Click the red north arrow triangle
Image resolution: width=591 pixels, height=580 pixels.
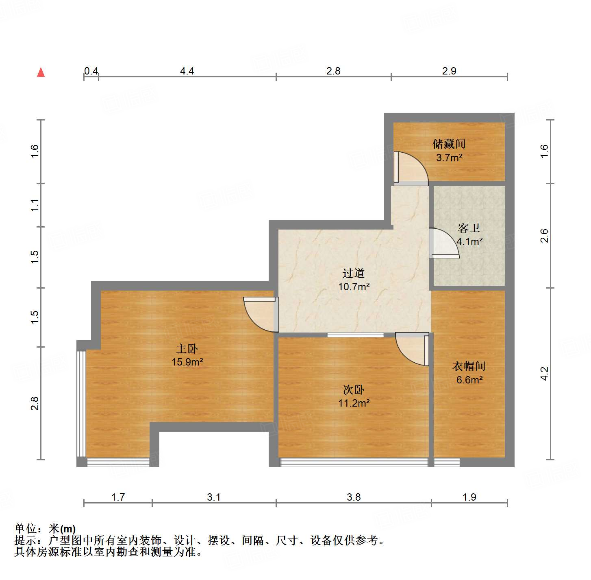pyautogui.click(x=41, y=72)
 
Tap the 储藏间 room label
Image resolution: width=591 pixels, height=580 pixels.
pyautogui.click(x=449, y=144)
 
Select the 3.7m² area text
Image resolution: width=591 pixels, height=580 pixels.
pyautogui.click(x=449, y=158)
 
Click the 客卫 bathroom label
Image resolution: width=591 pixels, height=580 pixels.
pyautogui.click(x=469, y=228)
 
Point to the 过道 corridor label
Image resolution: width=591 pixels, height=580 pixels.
pyautogui.click(x=353, y=273)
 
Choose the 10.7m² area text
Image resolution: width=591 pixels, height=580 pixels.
pyautogui.click(x=354, y=287)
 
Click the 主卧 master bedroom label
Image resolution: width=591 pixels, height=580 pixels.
pyautogui.click(x=187, y=348)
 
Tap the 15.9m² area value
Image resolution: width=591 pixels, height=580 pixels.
pyautogui.click(x=187, y=362)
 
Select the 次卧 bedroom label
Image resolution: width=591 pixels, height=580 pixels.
pyautogui.click(x=353, y=390)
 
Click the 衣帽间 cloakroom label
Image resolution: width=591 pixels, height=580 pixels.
pyautogui.click(x=469, y=366)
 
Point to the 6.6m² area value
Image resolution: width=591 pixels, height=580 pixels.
pyautogui.click(x=469, y=380)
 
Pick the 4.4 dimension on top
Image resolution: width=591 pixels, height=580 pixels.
pyautogui.click(x=187, y=71)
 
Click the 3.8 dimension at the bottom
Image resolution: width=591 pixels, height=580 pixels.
pyautogui.click(x=354, y=497)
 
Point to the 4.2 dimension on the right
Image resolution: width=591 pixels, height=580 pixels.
pyautogui.click(x=544, y=374)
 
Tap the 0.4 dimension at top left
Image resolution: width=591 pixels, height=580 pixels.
pyautogui.click(x=91, y=71)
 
